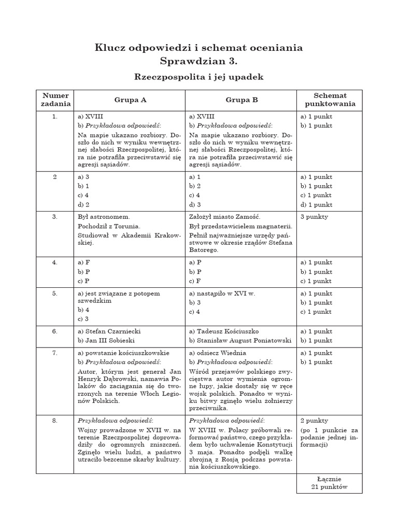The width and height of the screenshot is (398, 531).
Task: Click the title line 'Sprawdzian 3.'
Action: (198, 61)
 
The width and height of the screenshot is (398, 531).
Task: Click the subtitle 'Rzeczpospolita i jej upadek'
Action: (199, 77)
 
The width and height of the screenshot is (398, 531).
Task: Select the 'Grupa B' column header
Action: (241, 100)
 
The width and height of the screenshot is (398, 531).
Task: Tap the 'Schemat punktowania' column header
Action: (330, 100)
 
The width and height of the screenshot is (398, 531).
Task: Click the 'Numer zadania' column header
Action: (55, 100)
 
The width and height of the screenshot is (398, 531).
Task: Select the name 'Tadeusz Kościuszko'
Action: (228, 331)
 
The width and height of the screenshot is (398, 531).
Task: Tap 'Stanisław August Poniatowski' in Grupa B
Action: (244, 341)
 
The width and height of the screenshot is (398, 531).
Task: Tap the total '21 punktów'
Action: (330, 487)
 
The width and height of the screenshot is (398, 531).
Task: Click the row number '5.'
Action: (55, 294)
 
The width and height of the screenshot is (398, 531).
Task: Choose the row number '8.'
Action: (55, 421)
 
